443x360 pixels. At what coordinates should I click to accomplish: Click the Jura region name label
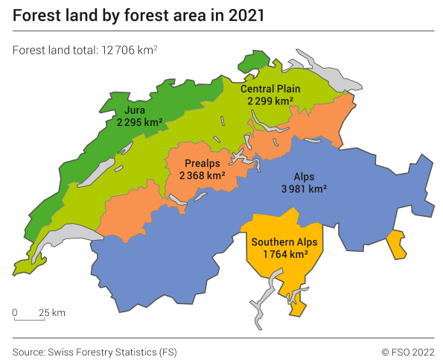click(135, 110)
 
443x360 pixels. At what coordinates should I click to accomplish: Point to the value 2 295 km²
click(139, 122)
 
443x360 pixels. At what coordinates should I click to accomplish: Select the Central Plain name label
click(270, 89)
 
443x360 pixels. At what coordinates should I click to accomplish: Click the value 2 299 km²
click(270, 101)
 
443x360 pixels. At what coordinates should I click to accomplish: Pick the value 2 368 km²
click(203, 176)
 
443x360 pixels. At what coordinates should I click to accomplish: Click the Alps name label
click(304, 177)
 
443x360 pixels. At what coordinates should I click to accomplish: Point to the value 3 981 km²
click(304, 189)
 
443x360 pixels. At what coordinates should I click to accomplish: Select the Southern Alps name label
click(284, 242)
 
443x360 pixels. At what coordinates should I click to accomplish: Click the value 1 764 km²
click(285, 255)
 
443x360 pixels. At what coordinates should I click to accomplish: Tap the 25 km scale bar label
click(53, 312)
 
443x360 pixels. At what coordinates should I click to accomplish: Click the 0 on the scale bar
click(14, 312)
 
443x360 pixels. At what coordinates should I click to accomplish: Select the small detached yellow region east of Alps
click(398, 244)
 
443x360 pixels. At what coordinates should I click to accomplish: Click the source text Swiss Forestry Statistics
click(113, 350)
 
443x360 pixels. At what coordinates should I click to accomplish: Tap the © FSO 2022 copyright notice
click(407, 350)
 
